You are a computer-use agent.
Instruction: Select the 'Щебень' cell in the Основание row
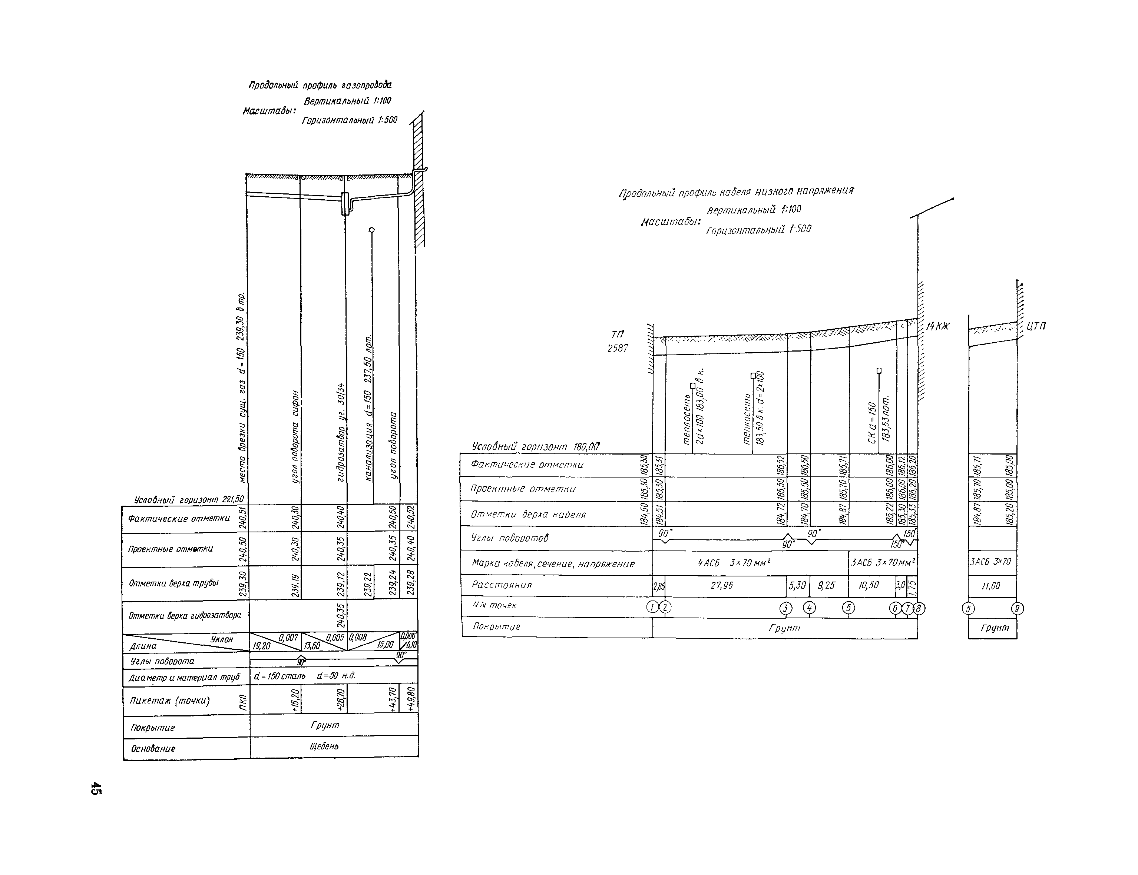click(x=324, y=746)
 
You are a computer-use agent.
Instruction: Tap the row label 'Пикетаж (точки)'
click(x=170, y=701)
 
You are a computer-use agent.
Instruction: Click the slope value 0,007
click(x=288, y=638)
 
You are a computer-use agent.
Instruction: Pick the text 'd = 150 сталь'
click(x=280, y=676)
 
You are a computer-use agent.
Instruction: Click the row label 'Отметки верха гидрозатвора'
click(x=185, y=615)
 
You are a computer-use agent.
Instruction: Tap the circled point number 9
click(x=1017, y=608)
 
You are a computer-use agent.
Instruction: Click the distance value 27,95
click(x=722, y=585)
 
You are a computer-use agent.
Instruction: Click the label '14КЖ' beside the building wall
click(x=938, y=327)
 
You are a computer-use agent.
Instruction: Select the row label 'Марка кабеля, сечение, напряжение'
click(x=553, y=563)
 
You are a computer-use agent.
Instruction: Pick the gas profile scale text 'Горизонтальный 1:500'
click(x=349, y=120)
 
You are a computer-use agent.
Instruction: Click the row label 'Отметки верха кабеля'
click(x=528, y=515)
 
